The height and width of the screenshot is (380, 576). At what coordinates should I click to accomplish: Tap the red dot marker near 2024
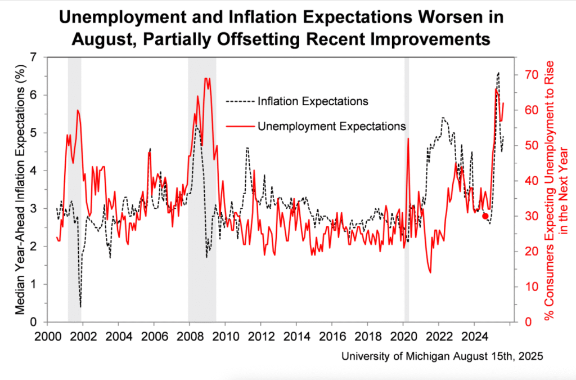coord(485,216)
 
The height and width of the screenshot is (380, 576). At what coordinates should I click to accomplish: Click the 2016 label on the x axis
coord(332,338)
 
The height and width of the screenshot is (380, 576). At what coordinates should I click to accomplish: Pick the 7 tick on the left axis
coord(35,57)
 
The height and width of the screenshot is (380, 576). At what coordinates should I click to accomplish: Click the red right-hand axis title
coord(554,191)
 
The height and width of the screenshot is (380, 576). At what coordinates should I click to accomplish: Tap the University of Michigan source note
coord(442,356)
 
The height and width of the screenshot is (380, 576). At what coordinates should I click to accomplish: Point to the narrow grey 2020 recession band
coord(406,189)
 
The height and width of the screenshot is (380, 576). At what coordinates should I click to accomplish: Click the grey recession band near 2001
coord(74,189)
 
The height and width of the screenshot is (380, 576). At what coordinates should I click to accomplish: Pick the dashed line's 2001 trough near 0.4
coord(80,306)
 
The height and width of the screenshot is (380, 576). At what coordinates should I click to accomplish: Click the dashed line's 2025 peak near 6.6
coord(498,73)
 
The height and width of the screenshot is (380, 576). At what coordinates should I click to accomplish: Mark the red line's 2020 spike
coord(408,138)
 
